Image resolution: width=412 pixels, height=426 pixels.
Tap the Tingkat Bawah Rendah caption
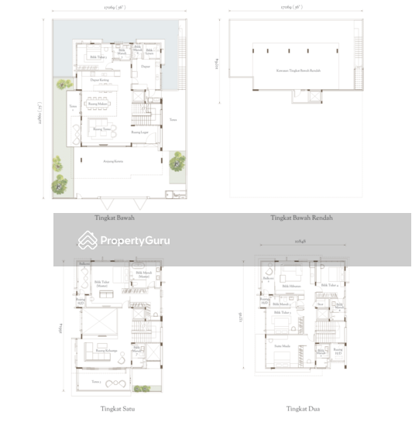(293, 218)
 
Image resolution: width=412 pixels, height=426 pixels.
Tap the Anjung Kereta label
(115, 162)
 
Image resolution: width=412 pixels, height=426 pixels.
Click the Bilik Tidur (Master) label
(102, 284)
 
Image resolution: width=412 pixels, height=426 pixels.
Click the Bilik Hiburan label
(290, 286)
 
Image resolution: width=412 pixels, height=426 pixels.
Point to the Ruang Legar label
(139, 132)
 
